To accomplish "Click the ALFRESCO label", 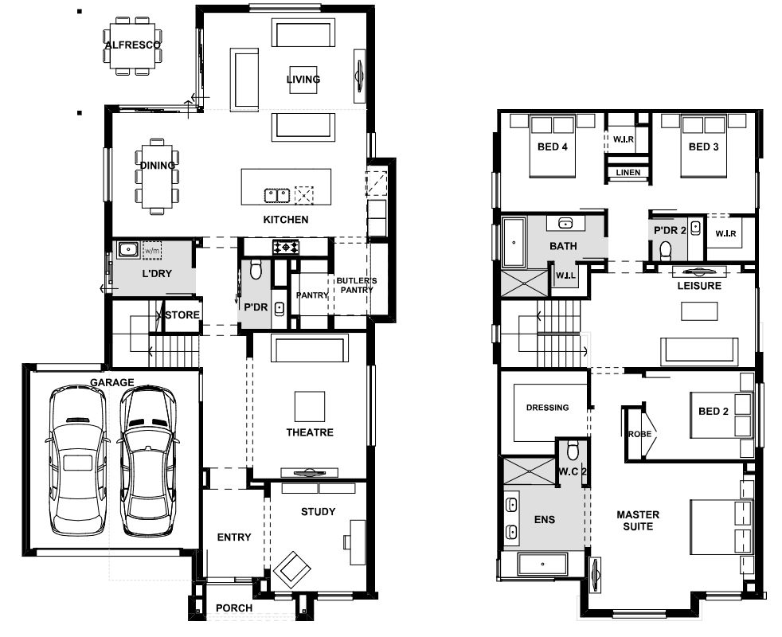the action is pyautogui.click(x=133, y=45).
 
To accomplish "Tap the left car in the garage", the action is pyautogui.click(x=77, y=460).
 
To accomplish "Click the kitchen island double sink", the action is pyautogui.click(x=277, y=195).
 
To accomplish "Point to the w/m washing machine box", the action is pyautogui.click(x=151, y=250).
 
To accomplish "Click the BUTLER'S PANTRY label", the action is pyautogui.click(x=357, y=285).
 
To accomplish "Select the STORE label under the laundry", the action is pyautogui.click(x=182, y=315).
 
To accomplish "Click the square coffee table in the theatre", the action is pyautogui.click(x=310, y=407).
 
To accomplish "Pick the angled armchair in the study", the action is pyautogui.click(x=292, y=569).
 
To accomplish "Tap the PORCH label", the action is pyautogui.click(x=234, y=608).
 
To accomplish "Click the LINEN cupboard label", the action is pyautogui.click(x=628, y=173).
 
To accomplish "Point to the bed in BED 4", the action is pyautogui.click(x=552, y=146).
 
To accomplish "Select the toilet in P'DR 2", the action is pyautogui.click(x=666, y=251).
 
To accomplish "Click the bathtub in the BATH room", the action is pyautogui.click(x=514, y=243).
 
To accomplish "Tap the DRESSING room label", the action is pyautogui.click(x=548, y=408).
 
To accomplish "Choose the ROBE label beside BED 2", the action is pyautogui.click(x=640, y=434).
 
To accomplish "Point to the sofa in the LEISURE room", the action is pyautogui.click(x=699, y=352).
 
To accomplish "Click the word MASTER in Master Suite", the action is pyautogui.click(x=638, y=514).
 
